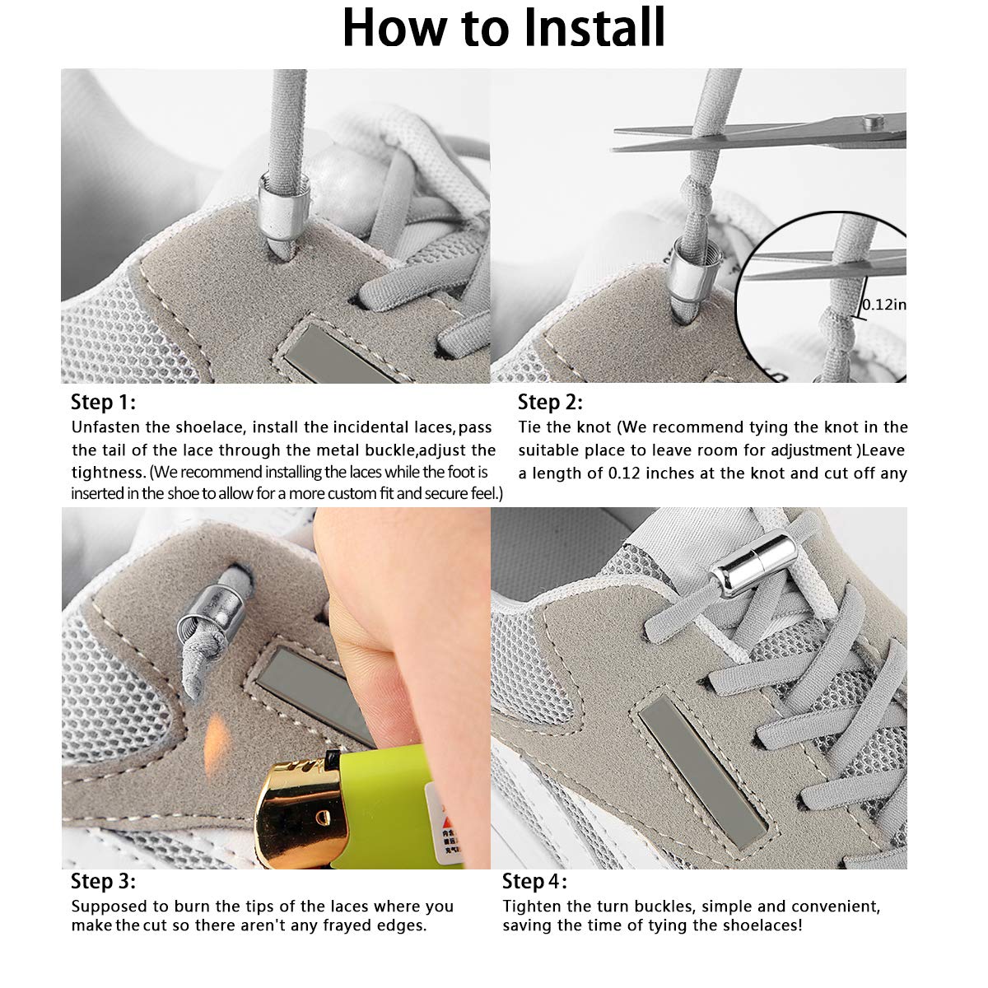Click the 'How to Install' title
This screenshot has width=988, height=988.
[503, 28]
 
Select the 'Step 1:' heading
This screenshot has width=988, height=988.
[103, 403]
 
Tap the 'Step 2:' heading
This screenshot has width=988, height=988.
[550, 403]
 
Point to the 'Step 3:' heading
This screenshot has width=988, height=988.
[103, 881]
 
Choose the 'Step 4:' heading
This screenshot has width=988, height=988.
[534, 881]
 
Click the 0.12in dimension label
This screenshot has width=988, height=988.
[883, 305]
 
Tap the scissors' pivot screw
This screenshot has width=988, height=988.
[869, 123]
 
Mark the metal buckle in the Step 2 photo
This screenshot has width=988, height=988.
[685, 276]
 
